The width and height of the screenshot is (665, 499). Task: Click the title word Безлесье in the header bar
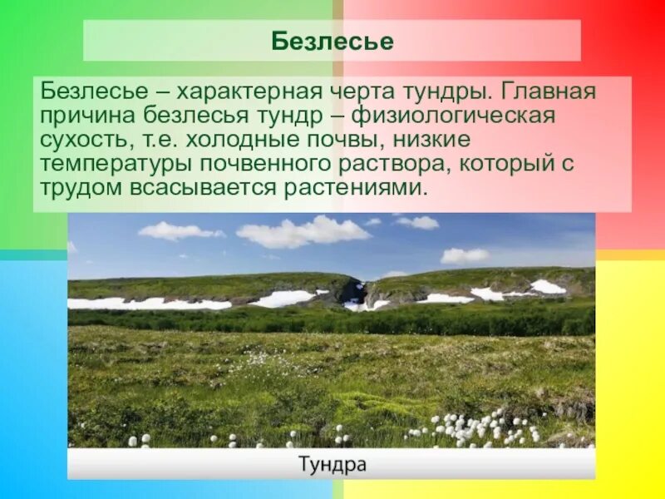click(332, 41)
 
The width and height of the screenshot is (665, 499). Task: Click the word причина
click(88, 115)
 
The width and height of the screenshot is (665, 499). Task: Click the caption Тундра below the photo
click(332, 464)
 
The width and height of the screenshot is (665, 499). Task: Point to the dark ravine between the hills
click(354, 291)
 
